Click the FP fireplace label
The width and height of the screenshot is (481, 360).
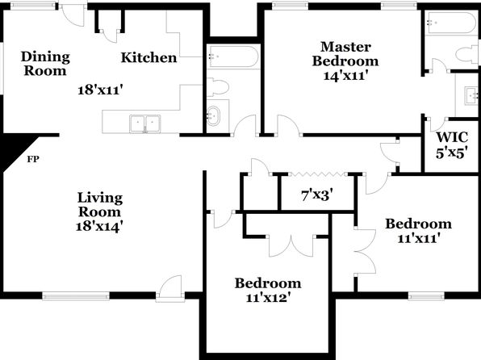[x=33, y=159]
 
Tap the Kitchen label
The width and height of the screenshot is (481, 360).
[x=148, y=57]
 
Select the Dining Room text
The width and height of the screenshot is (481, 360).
[x=45, y=64]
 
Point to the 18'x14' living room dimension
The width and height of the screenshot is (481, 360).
[x=100, y=227]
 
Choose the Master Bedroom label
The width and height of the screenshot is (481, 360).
[x=345, y=54]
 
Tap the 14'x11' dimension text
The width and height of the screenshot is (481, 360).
[x=345, y=75]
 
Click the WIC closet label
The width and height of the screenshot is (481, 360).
[x=452, y=137]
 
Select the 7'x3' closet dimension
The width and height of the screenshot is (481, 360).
[x=317, y=195]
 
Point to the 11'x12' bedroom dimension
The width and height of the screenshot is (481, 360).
[x=268, y=297]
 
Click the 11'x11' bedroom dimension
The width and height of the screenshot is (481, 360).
[x=419, y=238]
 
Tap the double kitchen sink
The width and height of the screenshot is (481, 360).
[x=144, y=123]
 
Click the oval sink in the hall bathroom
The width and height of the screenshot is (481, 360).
[x=212, y=115]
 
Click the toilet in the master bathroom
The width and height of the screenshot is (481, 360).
[x=466, y=54]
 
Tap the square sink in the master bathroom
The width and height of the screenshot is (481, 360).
[x=471, y=96]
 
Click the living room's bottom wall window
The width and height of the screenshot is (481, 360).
[x=76, y=296]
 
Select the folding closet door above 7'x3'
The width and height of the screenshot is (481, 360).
[x=317, y=174]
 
